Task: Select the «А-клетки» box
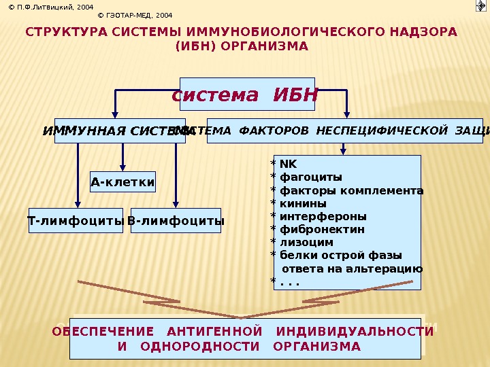coord(122,181)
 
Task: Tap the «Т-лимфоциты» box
coord(76,221)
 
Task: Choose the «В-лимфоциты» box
coord(176,221)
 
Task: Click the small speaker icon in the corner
coord(480,6)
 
